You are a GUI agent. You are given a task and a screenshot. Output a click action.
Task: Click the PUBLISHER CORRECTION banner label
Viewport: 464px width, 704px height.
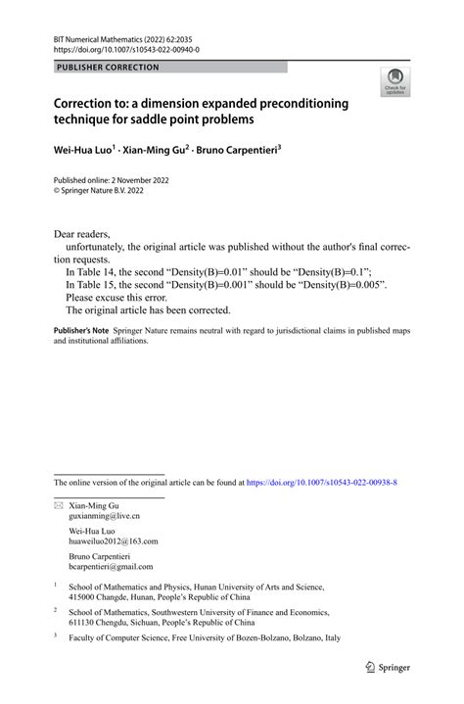[107, 68]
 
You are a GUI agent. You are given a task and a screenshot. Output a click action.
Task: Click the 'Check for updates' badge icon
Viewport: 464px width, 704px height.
[395, 83]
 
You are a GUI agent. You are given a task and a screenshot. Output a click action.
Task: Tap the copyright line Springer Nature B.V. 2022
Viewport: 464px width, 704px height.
[112, 193]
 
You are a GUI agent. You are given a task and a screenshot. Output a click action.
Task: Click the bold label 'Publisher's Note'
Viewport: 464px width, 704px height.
[80, 333]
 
